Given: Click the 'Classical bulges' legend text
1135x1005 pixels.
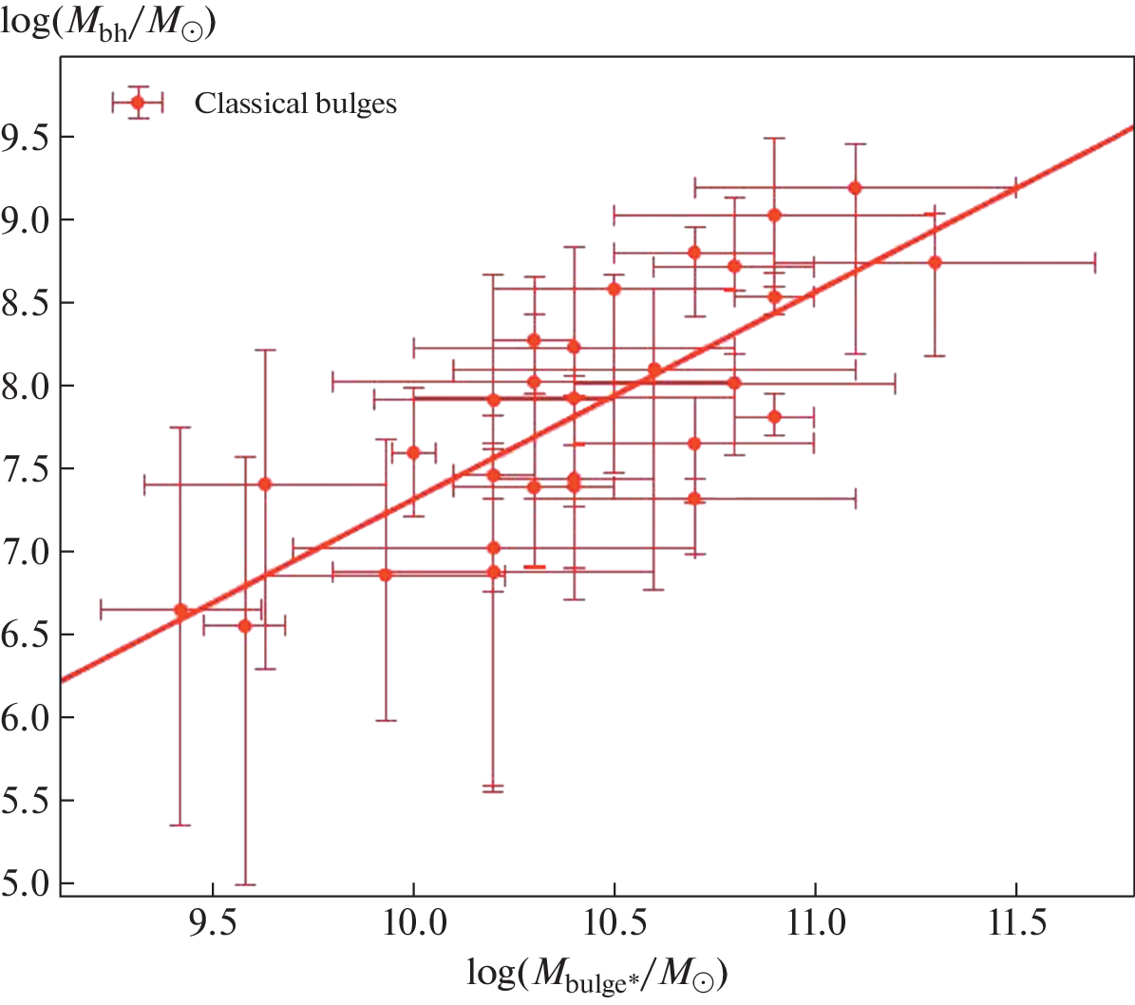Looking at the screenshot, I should click(295, 104).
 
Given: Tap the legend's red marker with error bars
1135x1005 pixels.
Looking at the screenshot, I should click(138, 103).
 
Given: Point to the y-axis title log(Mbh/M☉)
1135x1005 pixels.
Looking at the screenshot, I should click(107, 21).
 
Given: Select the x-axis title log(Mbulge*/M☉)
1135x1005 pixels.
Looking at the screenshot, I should click(597, 974).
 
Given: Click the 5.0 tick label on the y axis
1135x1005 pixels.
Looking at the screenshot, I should click(26, 883).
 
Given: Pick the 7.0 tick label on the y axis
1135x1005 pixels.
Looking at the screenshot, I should click(26, 552).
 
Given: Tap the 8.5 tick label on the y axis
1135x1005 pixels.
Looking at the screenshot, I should click(26, 303).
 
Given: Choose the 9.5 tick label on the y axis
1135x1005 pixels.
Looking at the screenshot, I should click(26, 137).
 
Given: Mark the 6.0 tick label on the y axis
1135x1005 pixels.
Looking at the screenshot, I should click(26, 717).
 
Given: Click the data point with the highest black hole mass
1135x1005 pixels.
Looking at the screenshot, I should click(855, 188).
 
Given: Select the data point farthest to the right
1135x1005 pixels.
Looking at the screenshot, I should click(936, 262).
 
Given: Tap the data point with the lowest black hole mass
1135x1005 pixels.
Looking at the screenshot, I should click(245, 625).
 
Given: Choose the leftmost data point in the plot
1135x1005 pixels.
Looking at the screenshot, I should click(180, 610).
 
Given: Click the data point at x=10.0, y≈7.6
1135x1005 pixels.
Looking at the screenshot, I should click(413, 452).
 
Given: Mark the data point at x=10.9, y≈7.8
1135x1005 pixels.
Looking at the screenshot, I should click(775, 416).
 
